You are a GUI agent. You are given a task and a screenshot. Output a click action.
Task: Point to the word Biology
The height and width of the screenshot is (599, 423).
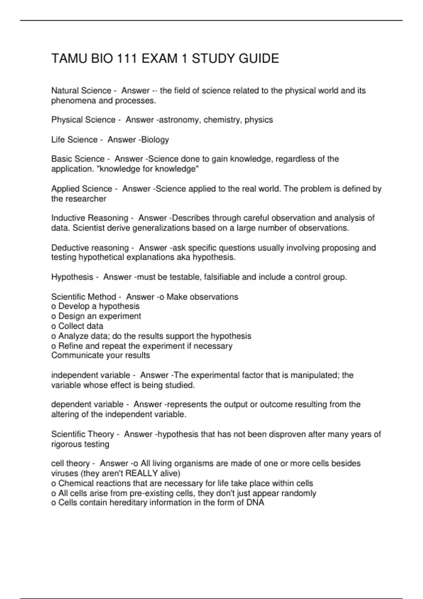click(x=155, y=140)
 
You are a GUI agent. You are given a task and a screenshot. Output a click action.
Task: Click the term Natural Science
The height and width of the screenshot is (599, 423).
click(x=81, y=91)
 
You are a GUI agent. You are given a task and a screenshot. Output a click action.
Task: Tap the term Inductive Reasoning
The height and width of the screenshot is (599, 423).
click(x=90, y=218)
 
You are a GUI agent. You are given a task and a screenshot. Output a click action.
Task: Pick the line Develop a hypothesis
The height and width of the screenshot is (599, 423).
click(x=99, y=307)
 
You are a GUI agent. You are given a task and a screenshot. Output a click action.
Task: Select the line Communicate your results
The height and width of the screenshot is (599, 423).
click(x=100, y=356)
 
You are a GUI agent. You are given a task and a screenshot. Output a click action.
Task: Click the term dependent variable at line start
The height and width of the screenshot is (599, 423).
click(x=87, y=405)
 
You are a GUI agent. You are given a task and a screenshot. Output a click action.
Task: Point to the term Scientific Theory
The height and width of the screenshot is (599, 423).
click(x=82, y=434)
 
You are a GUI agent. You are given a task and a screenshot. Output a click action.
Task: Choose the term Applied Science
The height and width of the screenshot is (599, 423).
click(x=81, y=189)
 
